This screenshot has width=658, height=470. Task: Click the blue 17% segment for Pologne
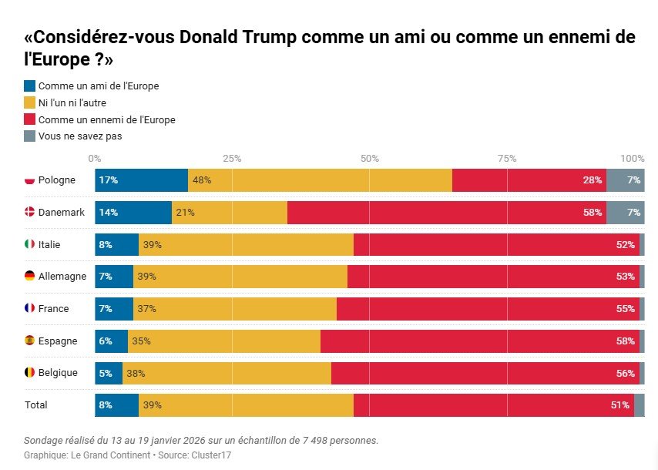click(x=141, y=180)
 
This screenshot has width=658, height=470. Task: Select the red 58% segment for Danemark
click(x=447, y=213)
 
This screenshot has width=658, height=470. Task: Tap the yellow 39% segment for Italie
click(x=246, y=245)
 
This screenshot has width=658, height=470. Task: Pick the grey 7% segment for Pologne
click(x=625, y=180)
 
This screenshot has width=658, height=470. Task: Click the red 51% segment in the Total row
click(x=493, y=405)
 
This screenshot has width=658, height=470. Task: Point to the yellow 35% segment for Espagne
click(x=224, y=341)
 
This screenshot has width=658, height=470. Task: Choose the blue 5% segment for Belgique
click(x=109, y=373)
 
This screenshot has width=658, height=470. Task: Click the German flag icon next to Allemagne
click(x=30, y=277)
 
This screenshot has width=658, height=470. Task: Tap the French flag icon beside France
click(x=30, y=309)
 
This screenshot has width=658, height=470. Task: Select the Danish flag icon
click(x=30, y=213)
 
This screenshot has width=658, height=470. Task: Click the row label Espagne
click(x=58, y=341)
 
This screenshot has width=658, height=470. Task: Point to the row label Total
click(x=36, y=405)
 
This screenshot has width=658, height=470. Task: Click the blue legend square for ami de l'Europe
click(x=30, y=86)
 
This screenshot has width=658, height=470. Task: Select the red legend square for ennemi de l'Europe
click(x=30, y=119)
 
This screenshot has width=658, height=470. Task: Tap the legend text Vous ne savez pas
click(x=80, y=136)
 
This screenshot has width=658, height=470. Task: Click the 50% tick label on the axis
click(x=370, y=158)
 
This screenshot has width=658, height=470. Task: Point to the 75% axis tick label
click(x=507, y=158)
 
